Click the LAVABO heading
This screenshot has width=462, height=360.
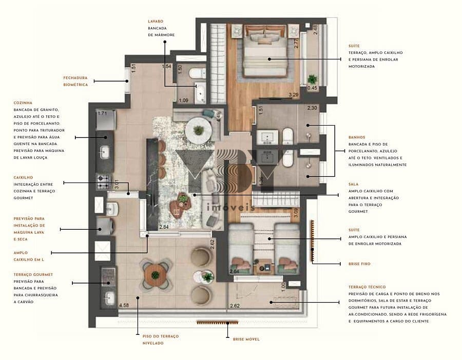click(x=156, y=22)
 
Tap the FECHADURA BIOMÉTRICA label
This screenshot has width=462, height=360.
click(x=75, y=81)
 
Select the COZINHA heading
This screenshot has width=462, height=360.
click(x=23, y=103)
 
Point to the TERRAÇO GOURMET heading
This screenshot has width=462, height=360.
click(x=33, y=274)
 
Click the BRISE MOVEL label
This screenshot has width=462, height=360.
click(x=246, y=339)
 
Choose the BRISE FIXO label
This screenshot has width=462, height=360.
click(x=358, y=264)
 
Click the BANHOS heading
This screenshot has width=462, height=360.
click(x=356, y=137)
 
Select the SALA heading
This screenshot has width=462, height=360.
click(x=353, y=184)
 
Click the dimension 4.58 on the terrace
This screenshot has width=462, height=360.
click(x=124, y=306)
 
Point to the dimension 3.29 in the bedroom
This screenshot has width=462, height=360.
click(x=294, y=95)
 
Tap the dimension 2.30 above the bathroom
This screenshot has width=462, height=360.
click(x=313, y=108)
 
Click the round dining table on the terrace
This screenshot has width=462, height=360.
click(x=156, y=275)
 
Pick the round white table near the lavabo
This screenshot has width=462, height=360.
click(x=198, y=130)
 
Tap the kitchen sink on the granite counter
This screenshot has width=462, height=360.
click(x=105, y=152)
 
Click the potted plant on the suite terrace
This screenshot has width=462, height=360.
click(x=312, y=79)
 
